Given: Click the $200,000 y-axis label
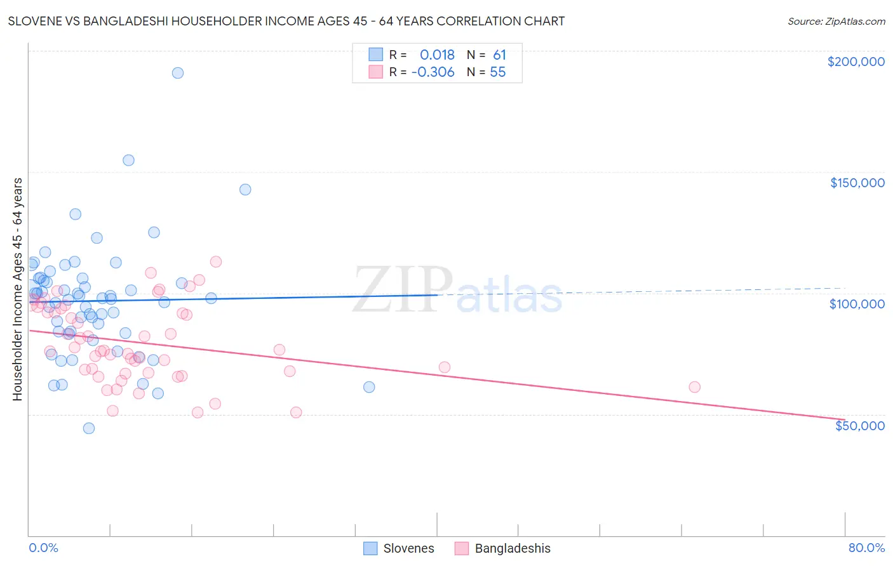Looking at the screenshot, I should click(x=856, y=62).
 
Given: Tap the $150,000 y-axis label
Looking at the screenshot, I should click(x=857, y=183).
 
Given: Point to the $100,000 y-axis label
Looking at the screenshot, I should click(x=857, y=304).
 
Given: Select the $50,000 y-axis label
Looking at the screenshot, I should click(x=859, y=425).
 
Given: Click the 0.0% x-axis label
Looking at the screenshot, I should click(x=43, y=548).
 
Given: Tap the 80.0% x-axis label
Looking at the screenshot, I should click(x=866, y=548).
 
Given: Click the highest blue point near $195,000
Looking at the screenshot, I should click(x=178, y=73).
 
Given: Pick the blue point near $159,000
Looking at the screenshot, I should click(x=128, y=161).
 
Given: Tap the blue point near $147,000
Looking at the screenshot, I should click(x=245, y=190).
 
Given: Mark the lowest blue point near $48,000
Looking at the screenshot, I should click(x=89, y=428).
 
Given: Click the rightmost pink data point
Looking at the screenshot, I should click(x=694, y=387).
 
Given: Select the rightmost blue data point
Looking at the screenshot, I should click(x=369, y=387).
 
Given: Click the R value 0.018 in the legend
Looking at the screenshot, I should click(x=437, y=55).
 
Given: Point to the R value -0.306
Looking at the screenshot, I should click(x=433, y=72).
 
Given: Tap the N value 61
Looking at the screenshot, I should click(x=499, y=55).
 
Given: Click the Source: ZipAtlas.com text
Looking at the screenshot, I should click(x=836, y=22).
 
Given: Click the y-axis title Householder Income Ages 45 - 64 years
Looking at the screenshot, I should click(x=18, y=289).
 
